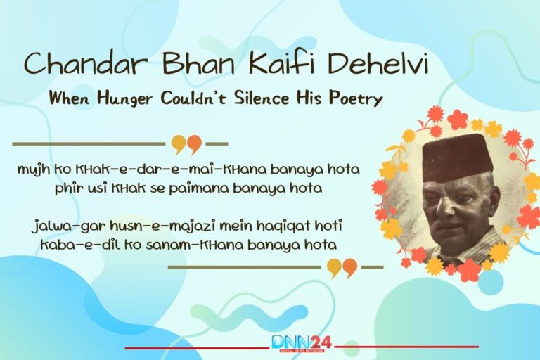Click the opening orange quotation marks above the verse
[186, 145]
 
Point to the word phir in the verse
[67, 188]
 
